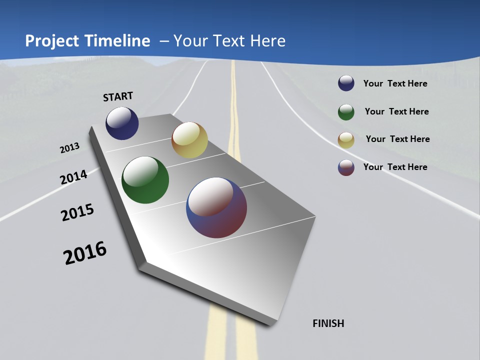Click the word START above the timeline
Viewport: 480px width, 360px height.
(118, 96)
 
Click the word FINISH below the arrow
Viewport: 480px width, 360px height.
(328, 323)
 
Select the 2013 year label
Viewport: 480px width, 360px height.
(69, 148)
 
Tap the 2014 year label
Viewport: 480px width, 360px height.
(73, 177)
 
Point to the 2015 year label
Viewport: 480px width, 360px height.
(77, 212)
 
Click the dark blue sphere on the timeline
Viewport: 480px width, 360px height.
(122, 123)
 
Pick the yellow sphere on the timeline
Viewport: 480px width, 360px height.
(189, 140)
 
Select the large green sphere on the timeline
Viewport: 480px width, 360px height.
(145, 180)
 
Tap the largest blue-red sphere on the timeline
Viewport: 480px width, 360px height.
(216, 207)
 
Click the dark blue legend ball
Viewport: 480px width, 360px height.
(346, 83)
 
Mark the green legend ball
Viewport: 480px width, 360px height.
(346, 112)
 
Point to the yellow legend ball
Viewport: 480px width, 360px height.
(346, 140)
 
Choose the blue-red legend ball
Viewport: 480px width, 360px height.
(346, 167)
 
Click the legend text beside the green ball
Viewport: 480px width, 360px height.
(396, 111)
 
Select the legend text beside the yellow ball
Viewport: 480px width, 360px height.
(397, 139)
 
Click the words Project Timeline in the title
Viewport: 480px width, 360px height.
(87, 41)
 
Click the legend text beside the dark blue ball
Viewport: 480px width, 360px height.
(395, 83)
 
